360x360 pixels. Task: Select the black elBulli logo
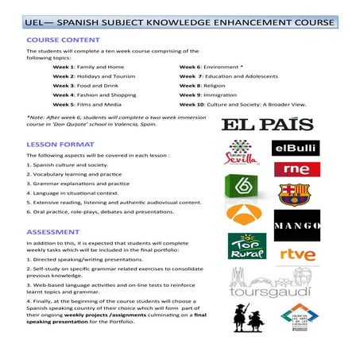pos(296,148)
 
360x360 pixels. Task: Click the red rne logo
pos(296,168)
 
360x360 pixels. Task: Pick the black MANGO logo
pos(296,225)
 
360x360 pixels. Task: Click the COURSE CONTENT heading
pos(63,38)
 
